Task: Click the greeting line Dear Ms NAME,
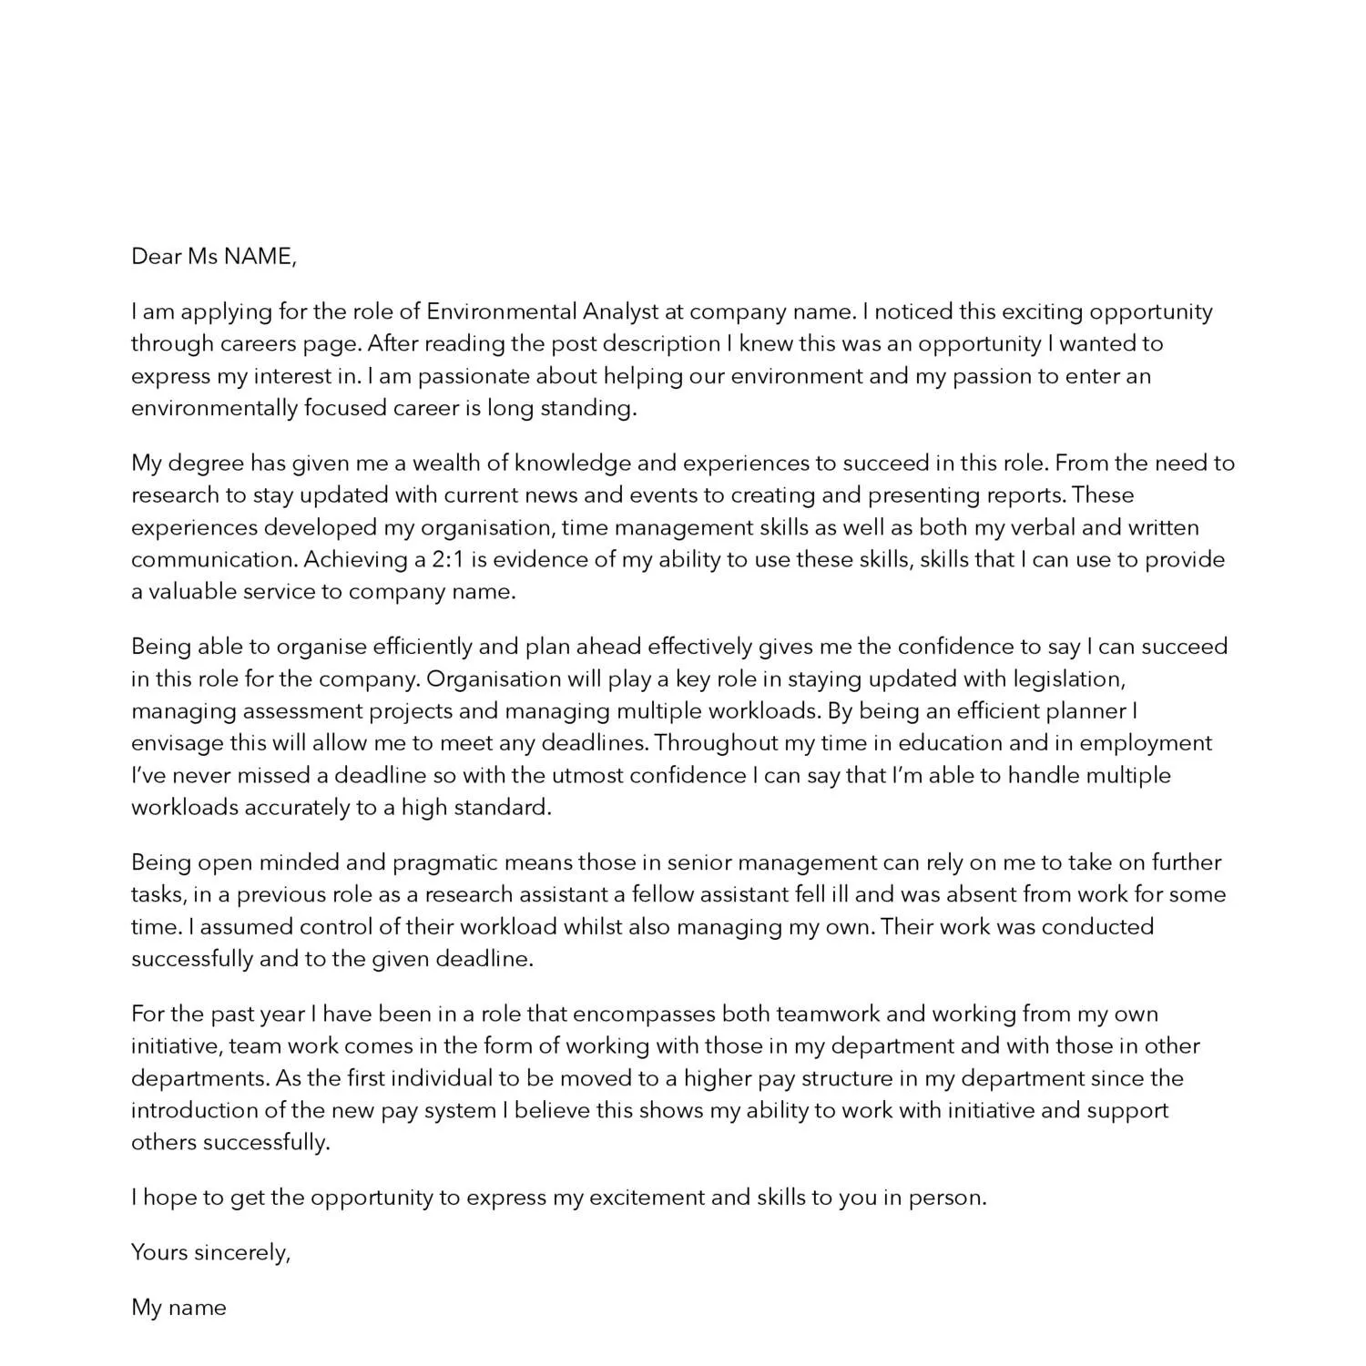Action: pos(214,257)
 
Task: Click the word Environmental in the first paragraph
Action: pos(502,311)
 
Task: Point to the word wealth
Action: pos(447,463)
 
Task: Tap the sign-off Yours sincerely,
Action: pos(211,1252)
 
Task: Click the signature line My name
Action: pos(179,1308)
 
